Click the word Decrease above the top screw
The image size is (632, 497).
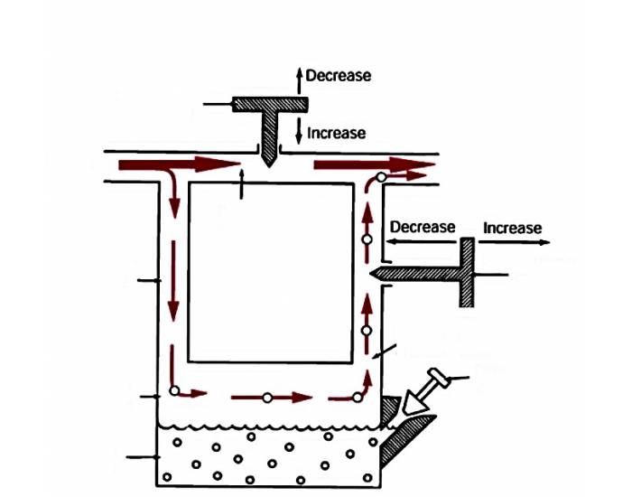point(338,76)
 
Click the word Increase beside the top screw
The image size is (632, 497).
point(336,133)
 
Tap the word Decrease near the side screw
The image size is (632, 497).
point(422,227)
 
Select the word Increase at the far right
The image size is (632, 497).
point(512,228)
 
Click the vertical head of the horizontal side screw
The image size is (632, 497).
point(466,272)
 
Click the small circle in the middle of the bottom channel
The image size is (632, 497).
point(267,397)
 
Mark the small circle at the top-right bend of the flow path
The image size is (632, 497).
point(382,177)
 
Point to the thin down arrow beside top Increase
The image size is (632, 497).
point(298,134)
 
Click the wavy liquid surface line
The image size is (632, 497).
point(271,424)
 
